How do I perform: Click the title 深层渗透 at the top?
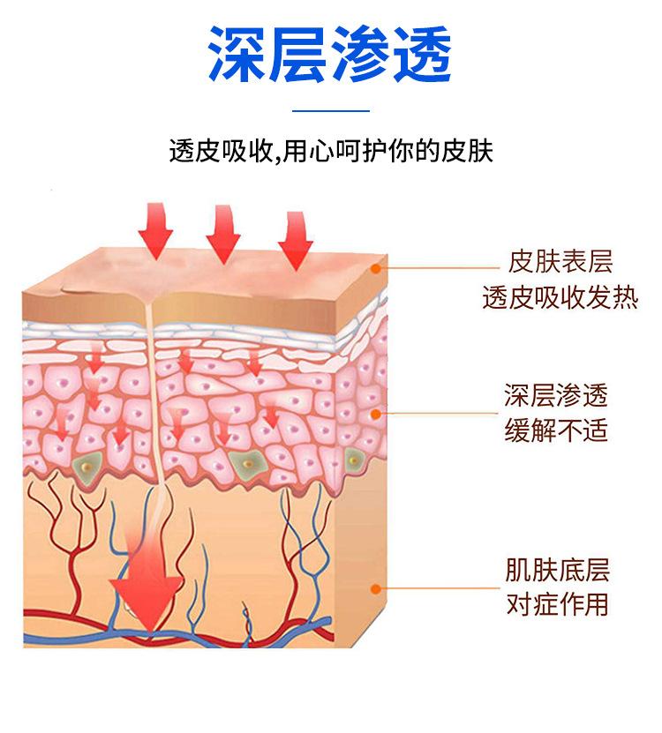[x=330, y=55]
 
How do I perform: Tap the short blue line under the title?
[x=330, y=111]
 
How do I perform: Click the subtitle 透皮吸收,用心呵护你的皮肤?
[x=330, y=151]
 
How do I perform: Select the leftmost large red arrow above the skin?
[x=156, y=229]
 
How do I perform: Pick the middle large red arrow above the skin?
[x=222, y=234]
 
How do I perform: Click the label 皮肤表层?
[x=560, y=261]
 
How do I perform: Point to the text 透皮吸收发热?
[x=560, y=298]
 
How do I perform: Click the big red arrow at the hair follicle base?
[x=145, y=591]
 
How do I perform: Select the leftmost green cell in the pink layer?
[x=88, y=464]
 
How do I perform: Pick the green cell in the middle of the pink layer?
[x=248, y=461]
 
